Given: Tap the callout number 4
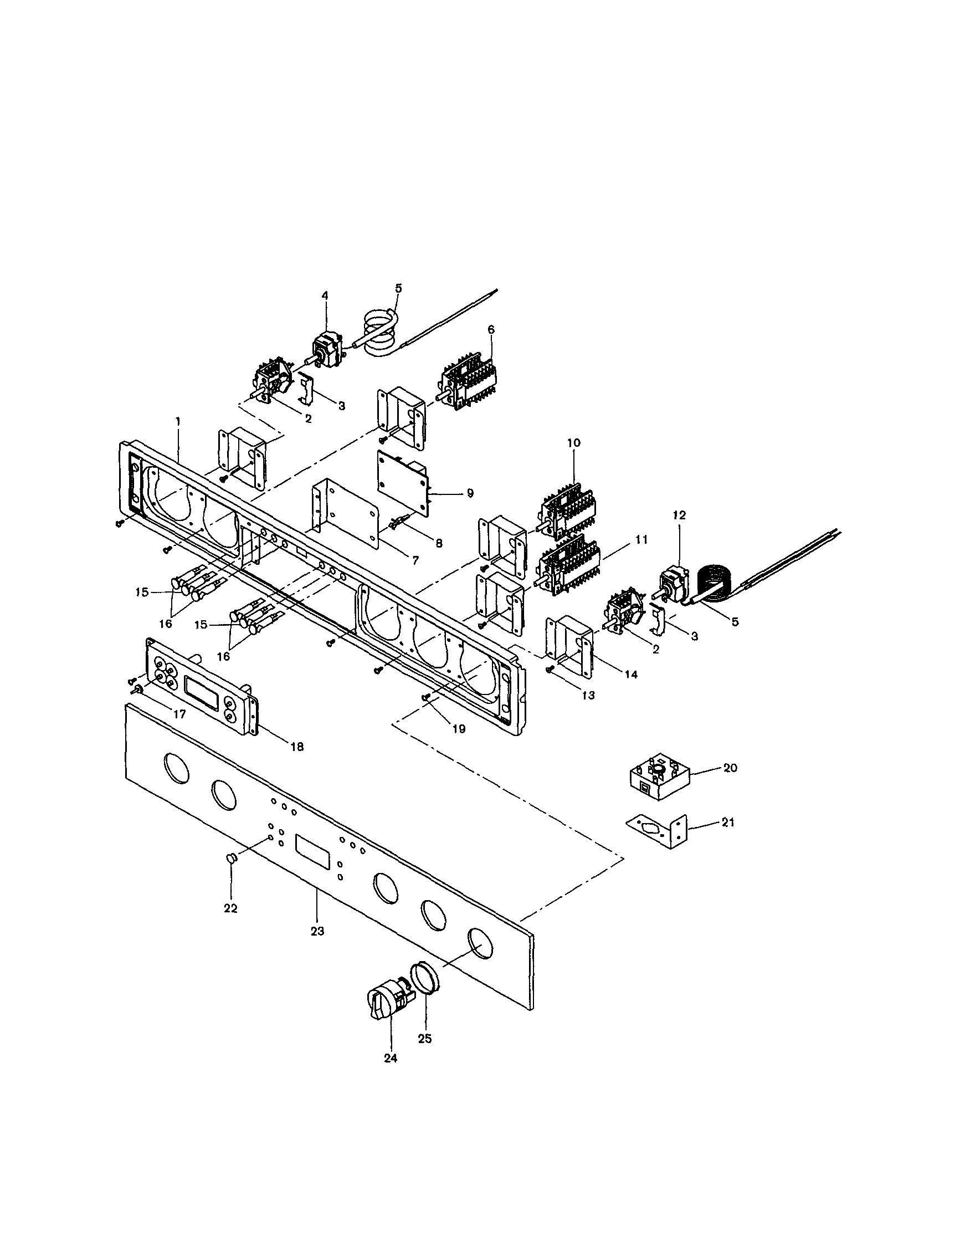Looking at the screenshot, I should click(325, 295).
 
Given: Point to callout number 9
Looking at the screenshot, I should click(470, 493).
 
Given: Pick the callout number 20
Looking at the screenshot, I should click(730, 768).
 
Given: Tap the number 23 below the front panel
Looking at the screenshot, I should click(317, 931).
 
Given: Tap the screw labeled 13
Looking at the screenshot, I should click(549, 670).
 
